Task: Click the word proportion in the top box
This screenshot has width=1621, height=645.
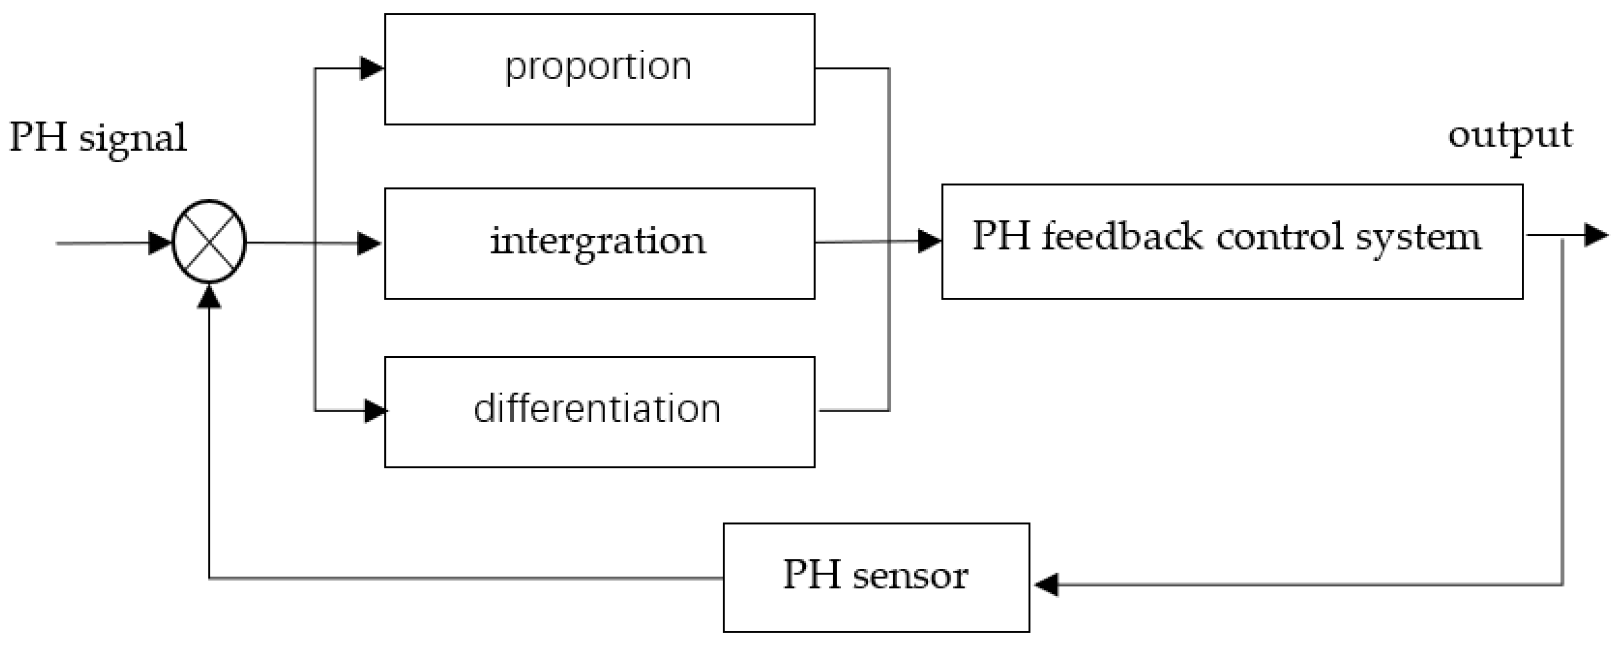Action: tap(598, 67)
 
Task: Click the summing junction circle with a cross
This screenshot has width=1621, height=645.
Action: tap(209, 242)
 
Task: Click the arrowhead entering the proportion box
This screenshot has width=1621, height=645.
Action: tap(372, 68)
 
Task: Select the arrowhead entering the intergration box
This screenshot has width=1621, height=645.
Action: tap(369, 243)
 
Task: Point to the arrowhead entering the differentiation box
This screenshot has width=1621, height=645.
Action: tap(376, 411)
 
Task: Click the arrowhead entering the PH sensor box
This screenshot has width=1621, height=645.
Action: tap(1046, 585)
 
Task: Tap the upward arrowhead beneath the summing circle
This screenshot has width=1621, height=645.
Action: tap(209, 296)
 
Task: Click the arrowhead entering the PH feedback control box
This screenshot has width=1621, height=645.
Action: tap(929, 240)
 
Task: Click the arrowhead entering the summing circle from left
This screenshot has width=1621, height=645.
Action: tap(160, 242)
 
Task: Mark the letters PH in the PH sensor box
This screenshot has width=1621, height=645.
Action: tap(812, 574)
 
